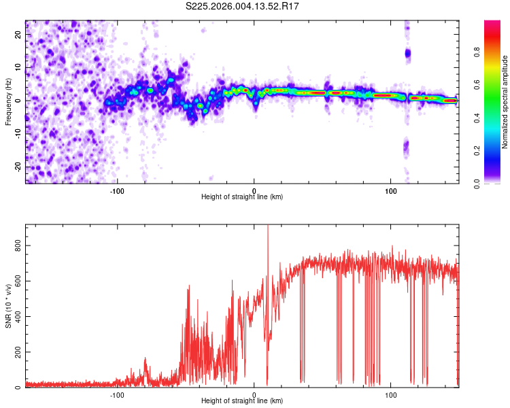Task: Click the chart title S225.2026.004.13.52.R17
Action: [243, 6]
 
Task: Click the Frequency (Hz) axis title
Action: [8, 102]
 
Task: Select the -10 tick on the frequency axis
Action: [19, 134]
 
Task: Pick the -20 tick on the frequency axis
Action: [19, 167]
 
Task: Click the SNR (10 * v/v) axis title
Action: [8, 306]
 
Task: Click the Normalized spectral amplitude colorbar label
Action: [505, 102]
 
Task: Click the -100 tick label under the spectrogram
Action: [117, 191]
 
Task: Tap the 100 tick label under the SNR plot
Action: [391, 394]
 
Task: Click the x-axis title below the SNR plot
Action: [242, 402]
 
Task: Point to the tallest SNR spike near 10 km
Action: [267, 227]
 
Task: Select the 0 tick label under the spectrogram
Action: [254, 191]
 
